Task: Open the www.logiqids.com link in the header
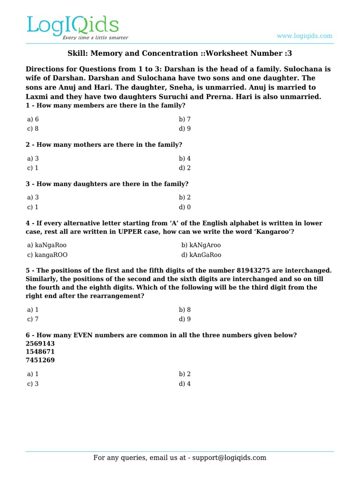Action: pos(304,36)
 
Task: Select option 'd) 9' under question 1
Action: pos(185,128)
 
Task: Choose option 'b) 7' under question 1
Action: pos(185,119)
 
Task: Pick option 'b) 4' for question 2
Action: pos(185,158)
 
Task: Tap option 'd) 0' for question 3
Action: pos(185,207)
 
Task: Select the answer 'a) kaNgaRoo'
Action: pos(50,245)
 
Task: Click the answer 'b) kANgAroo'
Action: pos(201,245)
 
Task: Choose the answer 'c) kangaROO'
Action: pos(50,255)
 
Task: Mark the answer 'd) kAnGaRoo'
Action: pos(201,255)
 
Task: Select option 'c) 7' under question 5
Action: pos(33,319)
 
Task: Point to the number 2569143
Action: pos(40,343)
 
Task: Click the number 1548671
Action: pos(40,352)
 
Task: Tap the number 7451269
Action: pos(40,360)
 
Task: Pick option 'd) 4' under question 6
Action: pos(185,383)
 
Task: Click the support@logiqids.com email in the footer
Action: pos(227,458)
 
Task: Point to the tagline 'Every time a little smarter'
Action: pos(96,37)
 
